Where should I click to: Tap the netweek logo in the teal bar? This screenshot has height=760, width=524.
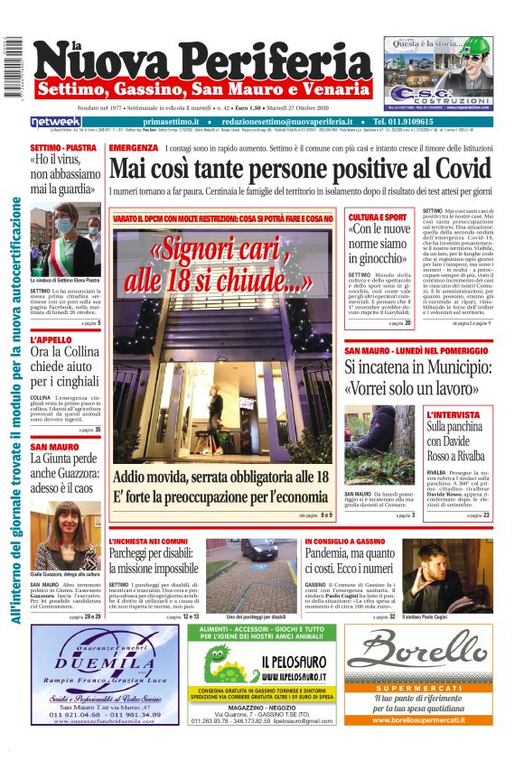[x=55, y=121]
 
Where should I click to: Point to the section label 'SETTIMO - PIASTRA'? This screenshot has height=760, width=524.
[x=63, y=147]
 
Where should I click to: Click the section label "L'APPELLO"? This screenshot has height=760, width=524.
[x=50, y=341]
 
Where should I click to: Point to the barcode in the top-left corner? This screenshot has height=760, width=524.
[x=12, y=68]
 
